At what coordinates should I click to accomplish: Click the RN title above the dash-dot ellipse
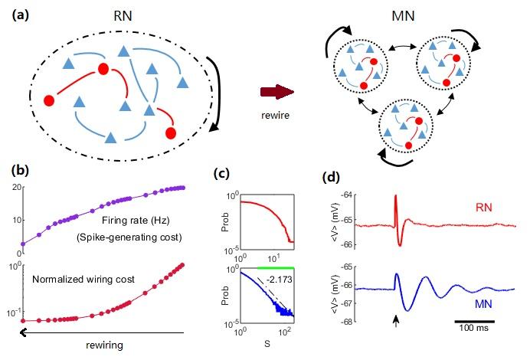click(x=121, y=15)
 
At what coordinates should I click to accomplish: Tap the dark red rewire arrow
click(x=277, y=93)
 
